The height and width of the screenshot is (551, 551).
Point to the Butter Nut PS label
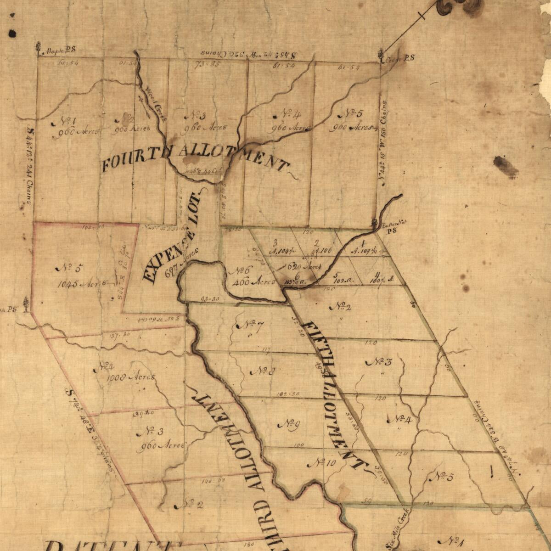(x=391, y=226)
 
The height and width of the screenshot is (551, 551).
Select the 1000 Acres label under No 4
(x=131, y=377)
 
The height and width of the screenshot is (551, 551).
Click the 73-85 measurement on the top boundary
(x=207, y=64)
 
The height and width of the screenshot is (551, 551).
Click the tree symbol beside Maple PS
(x=38, y=48)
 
